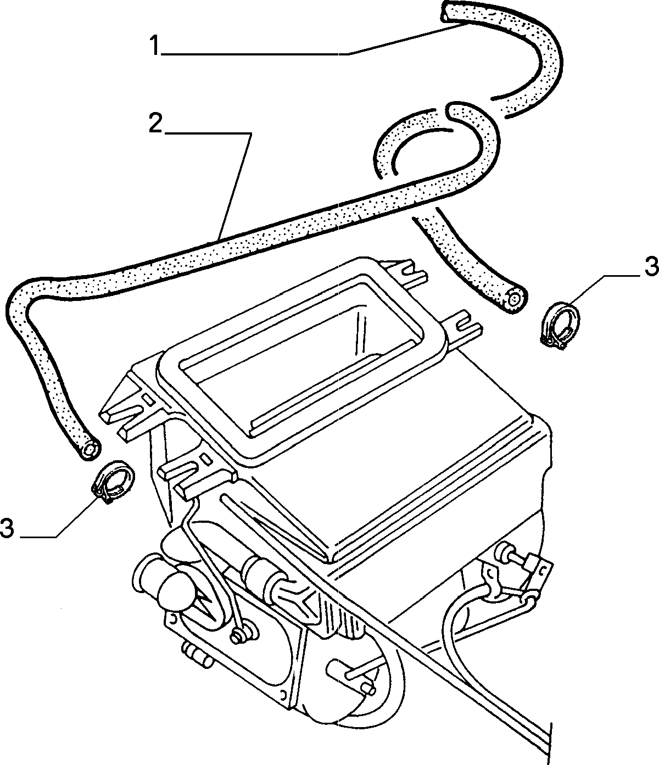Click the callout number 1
[x=155, y=45]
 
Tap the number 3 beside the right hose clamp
[x=651, y=267]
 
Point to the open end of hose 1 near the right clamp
[x=515, y=299]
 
